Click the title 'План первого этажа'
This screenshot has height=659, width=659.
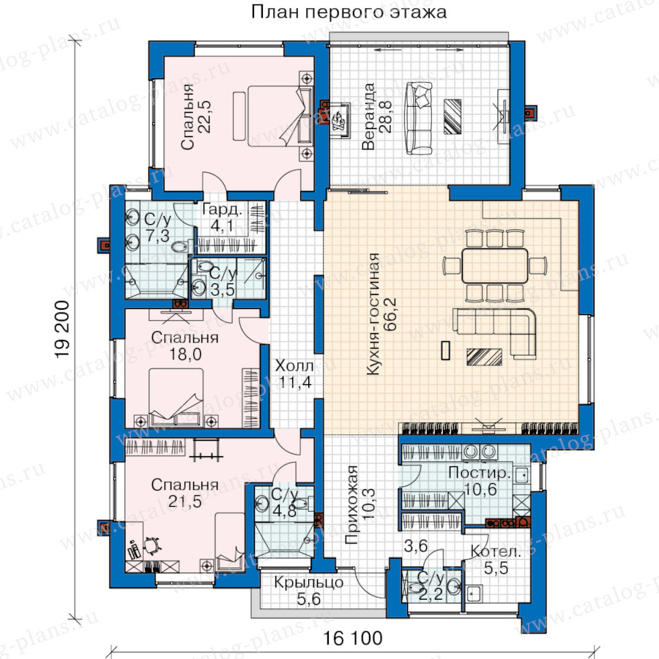click(349, 12)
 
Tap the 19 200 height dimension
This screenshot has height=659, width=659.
click(63, 329)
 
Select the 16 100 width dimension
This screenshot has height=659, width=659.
click(353, 638)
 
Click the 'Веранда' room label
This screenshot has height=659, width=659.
click(368, 116)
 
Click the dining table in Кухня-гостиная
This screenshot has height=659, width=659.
click(495, 266)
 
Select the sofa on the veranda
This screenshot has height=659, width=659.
click(419, 119)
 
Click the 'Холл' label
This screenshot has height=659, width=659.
click(294, 365)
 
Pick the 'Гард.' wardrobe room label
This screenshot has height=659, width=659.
click(222, 209)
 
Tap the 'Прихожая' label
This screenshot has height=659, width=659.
click(351, 505)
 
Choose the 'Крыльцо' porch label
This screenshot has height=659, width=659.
click(308, 583)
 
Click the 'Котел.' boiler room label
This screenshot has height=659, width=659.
click(496, 551)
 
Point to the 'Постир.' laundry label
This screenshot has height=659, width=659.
click(480, 473)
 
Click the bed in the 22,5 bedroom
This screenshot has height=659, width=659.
click(280, 116)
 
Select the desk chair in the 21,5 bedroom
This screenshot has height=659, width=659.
click(152, 545)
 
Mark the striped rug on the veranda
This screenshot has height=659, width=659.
click(453, 117)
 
